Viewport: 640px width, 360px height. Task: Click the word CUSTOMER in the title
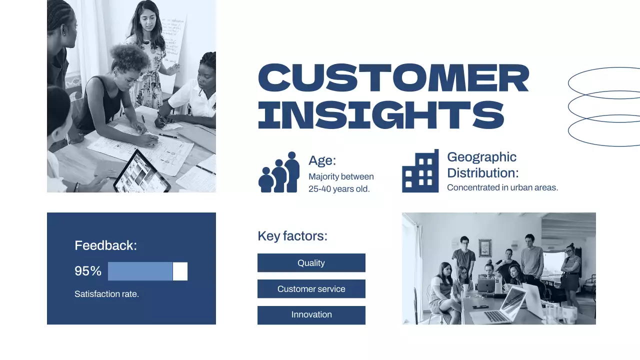pyautogui.click(x=393, y=78)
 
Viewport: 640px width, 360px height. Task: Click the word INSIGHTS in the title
pyautogui.click(x=381, y=114)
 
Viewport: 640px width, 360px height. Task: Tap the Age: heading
pyautogui.click(x=322, y=160)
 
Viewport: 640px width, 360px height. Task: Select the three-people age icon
pyautogui.click(x=279, y=172)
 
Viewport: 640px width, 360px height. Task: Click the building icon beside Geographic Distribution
pyautogui.click(x=420, y=171)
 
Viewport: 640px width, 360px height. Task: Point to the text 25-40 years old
pyautogui.click(x=339, y=189)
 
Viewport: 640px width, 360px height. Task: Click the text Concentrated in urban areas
pyautogui.click(x=502, y=188)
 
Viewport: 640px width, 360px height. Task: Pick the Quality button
pyautogui.click(x=311, y=263)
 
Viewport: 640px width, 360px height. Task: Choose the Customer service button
pyautogui.click(x=311, y=289)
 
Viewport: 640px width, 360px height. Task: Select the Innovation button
pyautogui.click(x=311, y=315)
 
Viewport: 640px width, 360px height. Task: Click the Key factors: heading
pyautogui.click(x=292, y=236)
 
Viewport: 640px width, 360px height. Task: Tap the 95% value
pyautogui.click(x=88, y=271)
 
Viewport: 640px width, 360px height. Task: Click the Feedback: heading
pyautogui.click(x=105, y=245)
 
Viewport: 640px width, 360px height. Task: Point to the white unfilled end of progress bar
pyautogui.click(x=180, y=271)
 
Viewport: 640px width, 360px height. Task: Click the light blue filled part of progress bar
pyautogui.click(x=140, y=271)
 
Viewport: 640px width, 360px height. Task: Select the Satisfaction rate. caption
pyautogui.click(x=106, y=294)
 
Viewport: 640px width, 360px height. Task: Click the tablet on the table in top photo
pyautogui.click(x=135, y=172)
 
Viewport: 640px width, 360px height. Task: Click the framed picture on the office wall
pyautogui.click(x=484, y=247)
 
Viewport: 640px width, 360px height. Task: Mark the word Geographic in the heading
pyautogui.click(x=481, y=157)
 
